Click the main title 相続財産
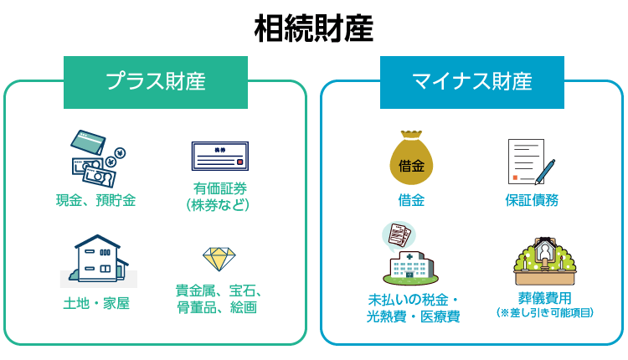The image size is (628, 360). coord(313,28)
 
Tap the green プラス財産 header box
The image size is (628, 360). coord(156,81)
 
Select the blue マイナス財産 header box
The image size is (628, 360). coord(472,81)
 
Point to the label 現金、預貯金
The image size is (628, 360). coord(96,200)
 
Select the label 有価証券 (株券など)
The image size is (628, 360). coord(219,196)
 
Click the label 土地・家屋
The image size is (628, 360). coord(96,304)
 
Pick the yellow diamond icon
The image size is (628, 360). coord(219,258)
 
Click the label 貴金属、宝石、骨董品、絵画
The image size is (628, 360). coord(219,299)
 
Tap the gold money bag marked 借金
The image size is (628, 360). coord(411,159)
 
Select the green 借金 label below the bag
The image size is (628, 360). coord(411,200)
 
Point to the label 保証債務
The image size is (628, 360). coord(532,200)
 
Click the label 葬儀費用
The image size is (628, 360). coord(545,297)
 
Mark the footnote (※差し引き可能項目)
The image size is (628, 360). coord(545,312)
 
